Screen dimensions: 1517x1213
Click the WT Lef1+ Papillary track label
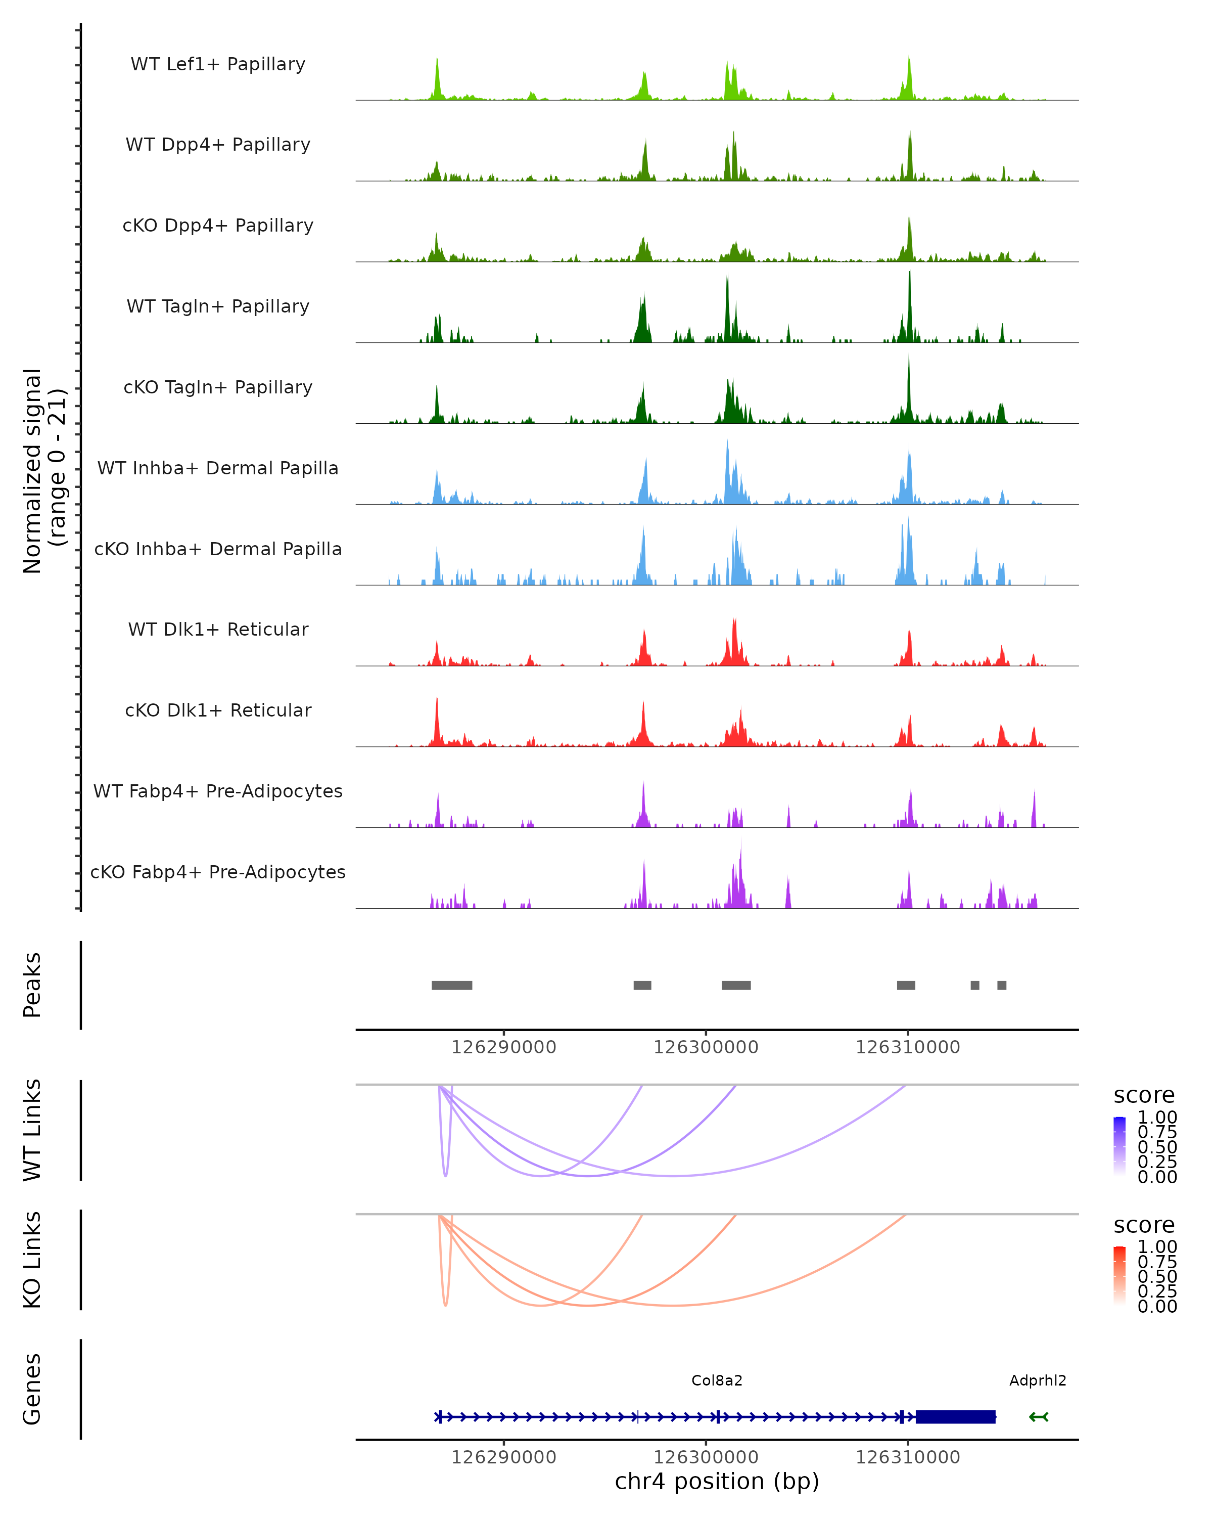[x=218, y=64]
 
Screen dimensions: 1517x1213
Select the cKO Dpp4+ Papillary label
[x=218, y=225]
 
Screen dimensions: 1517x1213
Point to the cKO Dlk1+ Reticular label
[x=218, y=710]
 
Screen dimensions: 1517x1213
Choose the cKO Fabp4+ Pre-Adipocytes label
[x=218, y=872]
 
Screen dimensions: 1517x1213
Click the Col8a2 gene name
[x=717, y=1380]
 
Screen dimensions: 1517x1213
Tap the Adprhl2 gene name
[x=1037, y=1380]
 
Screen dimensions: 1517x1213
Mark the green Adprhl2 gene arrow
[x=1039, y=1417]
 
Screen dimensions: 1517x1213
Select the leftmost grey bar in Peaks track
[x=451, y=985]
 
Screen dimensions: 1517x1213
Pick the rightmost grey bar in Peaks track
[x=1001, y=985]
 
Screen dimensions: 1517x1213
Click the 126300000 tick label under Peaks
[x=705, y=1047]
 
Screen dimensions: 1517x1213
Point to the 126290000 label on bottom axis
[x=503, y=1457]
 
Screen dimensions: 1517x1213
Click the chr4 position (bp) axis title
[x=717, y=1482]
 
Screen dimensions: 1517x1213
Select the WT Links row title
[x=32, y=1130]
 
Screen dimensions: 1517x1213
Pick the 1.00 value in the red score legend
[x=1157, y=1247]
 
